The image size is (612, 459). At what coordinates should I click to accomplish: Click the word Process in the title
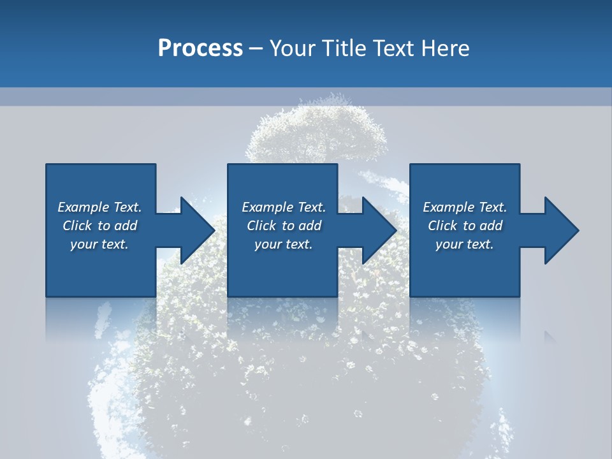coord(200,48)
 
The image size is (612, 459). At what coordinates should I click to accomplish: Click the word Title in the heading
coord(344,48)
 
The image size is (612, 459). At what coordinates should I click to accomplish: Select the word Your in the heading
coord(294,48)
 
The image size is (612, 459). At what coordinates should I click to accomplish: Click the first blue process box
coord(101,268)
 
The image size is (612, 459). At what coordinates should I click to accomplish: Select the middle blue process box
coord(282,268)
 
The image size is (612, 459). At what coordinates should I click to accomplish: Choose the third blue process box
coord(465,268)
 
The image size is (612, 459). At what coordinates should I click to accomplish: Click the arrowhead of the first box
coord(198,230)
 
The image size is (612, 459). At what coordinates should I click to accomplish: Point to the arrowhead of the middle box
coord(379,230)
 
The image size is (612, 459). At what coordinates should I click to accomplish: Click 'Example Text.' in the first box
coord(99,207)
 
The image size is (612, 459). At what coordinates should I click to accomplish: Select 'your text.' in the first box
coord(99,244)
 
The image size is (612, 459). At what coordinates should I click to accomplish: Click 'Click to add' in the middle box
coord(284,226)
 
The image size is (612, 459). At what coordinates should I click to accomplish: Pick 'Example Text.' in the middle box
coord(284,207)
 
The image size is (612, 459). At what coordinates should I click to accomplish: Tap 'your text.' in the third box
coord(465,244)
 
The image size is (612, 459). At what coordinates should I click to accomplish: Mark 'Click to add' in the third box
coord(465,226)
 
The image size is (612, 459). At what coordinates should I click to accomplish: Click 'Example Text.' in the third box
coord(465,207)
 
